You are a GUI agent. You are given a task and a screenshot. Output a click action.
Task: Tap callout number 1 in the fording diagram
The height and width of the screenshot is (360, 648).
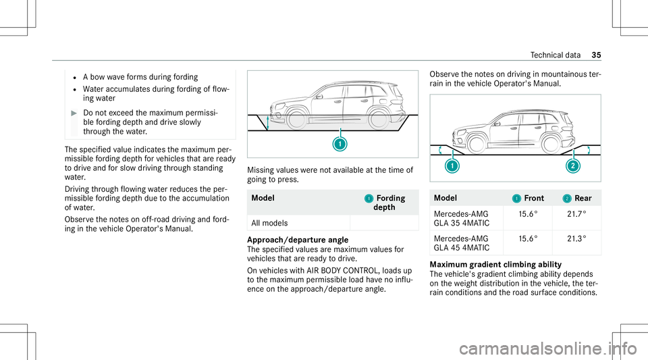click(x=340, y=145)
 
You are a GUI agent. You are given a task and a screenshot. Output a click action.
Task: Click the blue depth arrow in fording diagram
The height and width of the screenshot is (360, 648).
click(x=267, y=122)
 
